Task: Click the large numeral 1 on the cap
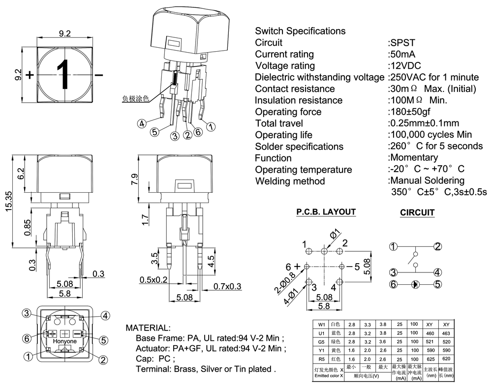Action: click(x=64, y=75)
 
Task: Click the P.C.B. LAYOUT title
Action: click(x=326, y=212)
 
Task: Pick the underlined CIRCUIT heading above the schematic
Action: click(x=417, y=212)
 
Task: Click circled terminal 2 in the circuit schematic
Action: click(x=437, y=247)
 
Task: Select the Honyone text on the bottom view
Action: click(x=64, y=341)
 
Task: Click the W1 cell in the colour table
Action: click(x=322, y=325)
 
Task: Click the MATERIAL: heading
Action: click(x=148, y=328)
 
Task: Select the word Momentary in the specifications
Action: click(x=414, y=158)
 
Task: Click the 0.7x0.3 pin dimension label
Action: click(x=227, y=287)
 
